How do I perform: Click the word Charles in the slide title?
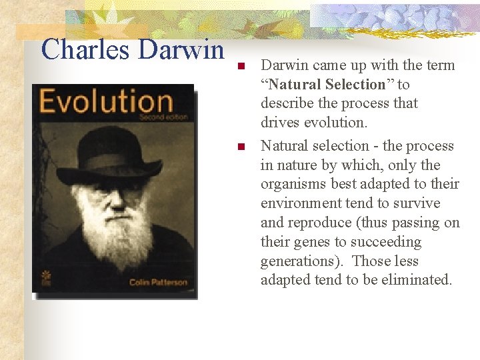tap(81, 49)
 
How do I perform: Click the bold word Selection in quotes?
tap(357, 85)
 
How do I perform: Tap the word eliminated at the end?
tap(417, 280)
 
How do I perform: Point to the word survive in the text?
tap(417, 203)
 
